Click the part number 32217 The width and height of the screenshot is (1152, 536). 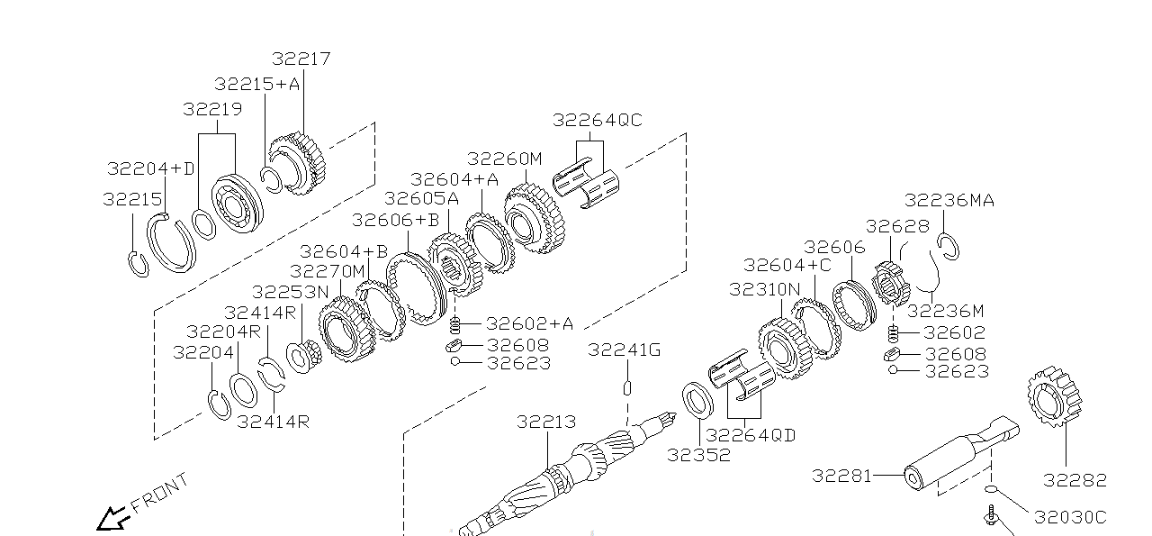301,59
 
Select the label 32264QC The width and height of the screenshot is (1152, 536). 597,120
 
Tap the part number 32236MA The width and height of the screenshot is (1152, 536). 949,200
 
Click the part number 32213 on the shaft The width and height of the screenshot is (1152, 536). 546,422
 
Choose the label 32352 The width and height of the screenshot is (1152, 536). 698,455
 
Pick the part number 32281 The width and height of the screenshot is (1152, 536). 841,475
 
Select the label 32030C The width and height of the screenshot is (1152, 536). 1069,517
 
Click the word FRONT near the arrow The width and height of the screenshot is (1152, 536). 160,493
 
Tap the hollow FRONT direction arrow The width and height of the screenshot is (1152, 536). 112,519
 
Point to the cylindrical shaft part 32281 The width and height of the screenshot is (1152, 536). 954,459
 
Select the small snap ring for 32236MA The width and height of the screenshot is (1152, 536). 948,245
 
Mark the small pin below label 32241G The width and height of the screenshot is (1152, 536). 627,387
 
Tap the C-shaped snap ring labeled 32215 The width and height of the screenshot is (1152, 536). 138,265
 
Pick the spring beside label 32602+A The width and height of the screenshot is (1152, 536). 454,324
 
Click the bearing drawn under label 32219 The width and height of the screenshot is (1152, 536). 236,206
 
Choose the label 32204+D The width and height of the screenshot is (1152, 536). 150,168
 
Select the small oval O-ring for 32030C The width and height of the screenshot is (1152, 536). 991,489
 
